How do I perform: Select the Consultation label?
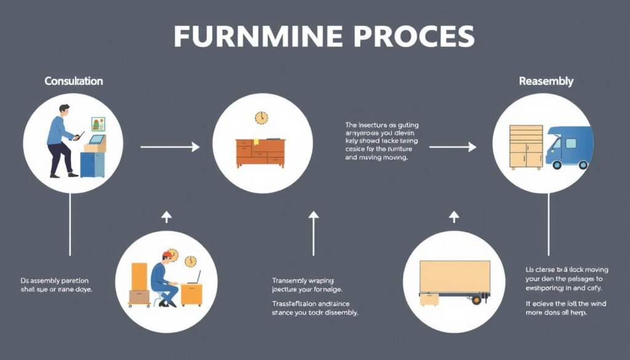pos(74,81)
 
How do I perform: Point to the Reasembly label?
pos(546,81)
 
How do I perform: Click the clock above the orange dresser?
pos(261,118)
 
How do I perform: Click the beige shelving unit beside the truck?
pos(526,147)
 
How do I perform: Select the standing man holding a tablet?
pos(62,138)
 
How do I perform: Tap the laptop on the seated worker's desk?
pos(194,278)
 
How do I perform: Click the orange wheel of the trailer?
pos(476,300)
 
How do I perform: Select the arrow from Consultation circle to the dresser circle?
pos(170,147)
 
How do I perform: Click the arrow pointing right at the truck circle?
pos(452,147)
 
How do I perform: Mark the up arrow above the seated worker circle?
pos(165,217)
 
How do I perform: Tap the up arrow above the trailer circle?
pos(454,217)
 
